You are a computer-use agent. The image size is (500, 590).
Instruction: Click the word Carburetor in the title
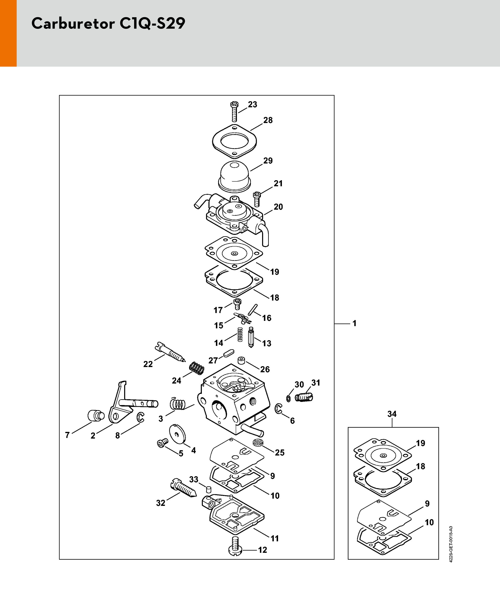[73, 23]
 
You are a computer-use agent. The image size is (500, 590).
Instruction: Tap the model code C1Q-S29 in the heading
[152, 23]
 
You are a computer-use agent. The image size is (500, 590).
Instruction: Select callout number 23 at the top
[253, 104]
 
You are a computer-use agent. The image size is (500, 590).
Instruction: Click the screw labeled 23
[235, 112]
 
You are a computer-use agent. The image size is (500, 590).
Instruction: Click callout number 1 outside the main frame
[354, 323]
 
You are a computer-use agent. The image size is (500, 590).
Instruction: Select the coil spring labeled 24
[197, 368]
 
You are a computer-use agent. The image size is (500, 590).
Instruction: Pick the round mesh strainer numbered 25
[258, 442]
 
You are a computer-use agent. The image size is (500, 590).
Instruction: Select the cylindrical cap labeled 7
[96, 415]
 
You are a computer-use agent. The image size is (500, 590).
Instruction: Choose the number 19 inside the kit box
[421, 443]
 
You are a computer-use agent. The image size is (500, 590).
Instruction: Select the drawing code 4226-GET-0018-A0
[451, 544]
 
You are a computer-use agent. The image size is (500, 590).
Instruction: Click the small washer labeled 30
[288, 398]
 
